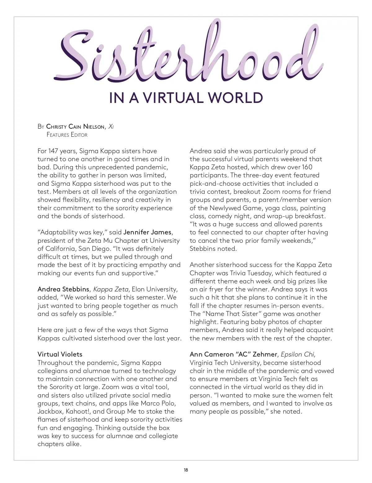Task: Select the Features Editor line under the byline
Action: coord(67,135)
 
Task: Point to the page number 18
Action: coord(186,470)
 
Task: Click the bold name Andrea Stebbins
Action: coord(63,289)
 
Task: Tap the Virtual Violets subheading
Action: coord(60,354)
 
